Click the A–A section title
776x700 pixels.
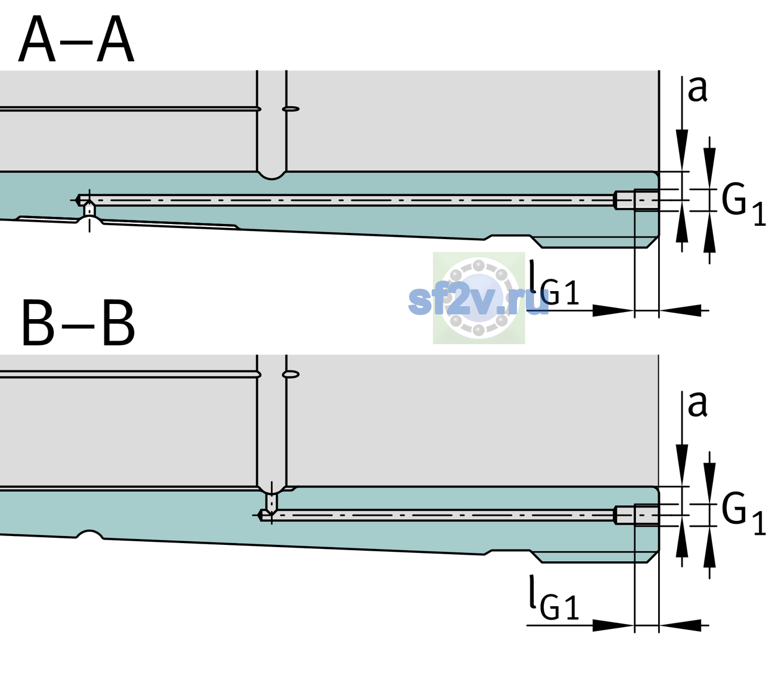pos(76,39)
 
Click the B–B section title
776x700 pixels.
pos(79,323)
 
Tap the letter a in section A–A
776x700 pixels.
pos(697,89)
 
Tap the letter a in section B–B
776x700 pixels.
pos(697,404)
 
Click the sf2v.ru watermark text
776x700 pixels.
pos(478,301)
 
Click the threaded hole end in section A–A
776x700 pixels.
pos(637,200)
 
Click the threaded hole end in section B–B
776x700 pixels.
pos(637,515)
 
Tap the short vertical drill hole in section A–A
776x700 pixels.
pos(89,209)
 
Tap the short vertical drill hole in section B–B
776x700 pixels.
pos(272,502)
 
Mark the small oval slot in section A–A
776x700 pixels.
pos(291,109)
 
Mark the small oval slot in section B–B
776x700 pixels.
pos(291,374)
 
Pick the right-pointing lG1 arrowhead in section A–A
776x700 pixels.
pos(614,310)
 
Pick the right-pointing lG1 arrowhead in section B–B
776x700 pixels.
pos(614,625)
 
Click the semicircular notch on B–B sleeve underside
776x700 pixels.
pos(90,534)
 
